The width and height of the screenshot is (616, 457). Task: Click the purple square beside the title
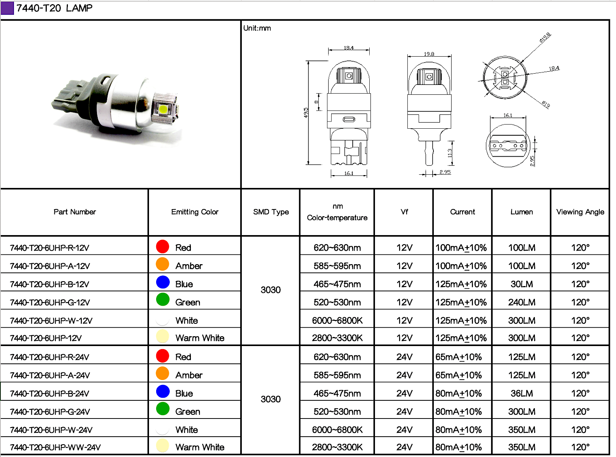point(7,8)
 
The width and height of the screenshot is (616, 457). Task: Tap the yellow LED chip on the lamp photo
point(163,109)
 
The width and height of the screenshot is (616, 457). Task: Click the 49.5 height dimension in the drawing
point(306,112)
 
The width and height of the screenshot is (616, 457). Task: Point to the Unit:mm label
point(257,28)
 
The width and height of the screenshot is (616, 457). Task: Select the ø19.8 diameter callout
point(545,37)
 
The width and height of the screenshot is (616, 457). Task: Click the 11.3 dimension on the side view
point(450,153)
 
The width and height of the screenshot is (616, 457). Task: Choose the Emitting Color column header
point(195,212)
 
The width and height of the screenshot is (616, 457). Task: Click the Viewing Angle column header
point(580,212)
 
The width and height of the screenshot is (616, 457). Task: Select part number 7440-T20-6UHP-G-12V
point(50,302)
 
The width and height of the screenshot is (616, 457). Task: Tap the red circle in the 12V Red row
point(163,247)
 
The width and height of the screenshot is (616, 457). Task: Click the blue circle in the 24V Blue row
point(163,392)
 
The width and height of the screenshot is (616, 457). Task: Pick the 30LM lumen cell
point(521,284)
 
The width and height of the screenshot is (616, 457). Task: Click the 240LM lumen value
point(521,302)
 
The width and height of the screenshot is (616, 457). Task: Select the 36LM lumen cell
point(521,393)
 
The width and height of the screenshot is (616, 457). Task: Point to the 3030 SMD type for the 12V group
point(270,290)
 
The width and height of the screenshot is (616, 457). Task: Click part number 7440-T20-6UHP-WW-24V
point(55,448)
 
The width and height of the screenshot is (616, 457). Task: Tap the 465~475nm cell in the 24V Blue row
point(337,393)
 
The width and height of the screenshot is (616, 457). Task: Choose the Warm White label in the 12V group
point(200,338)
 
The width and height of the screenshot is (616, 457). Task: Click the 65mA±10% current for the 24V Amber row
point(458,375)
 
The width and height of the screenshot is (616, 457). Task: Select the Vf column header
point(404,212)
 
